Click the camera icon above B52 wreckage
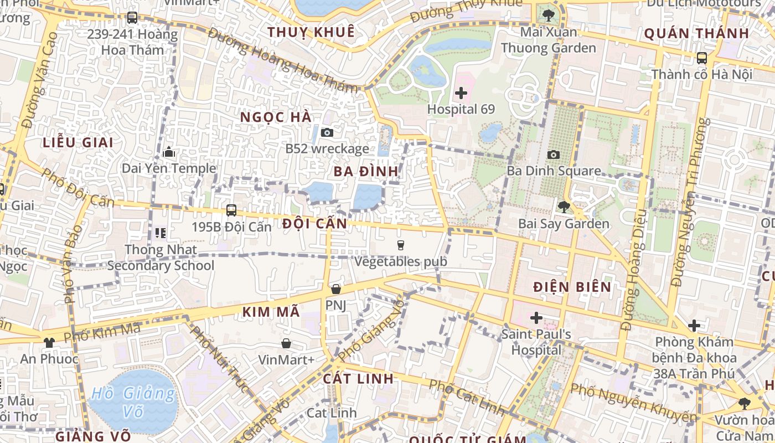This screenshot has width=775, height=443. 327,132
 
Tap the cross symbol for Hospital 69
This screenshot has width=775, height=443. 461,93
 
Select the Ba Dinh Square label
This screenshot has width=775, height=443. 554,171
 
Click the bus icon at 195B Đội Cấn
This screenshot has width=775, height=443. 231,210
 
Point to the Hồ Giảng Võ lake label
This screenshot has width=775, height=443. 133,403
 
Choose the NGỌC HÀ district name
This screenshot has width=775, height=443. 276,117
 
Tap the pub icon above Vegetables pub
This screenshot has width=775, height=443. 401,245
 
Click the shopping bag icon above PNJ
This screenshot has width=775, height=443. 335,289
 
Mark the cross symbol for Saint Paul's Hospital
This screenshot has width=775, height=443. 536,318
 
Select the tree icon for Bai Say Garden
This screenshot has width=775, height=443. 564,207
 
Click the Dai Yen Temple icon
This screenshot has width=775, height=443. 169,152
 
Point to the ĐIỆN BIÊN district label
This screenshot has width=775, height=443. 572,287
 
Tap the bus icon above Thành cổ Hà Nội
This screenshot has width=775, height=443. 701,58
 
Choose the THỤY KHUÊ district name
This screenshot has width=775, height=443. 311,32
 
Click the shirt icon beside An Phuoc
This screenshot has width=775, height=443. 49,342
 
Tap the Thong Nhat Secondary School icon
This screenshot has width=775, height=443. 161,233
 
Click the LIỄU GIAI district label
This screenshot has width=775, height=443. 78,142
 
